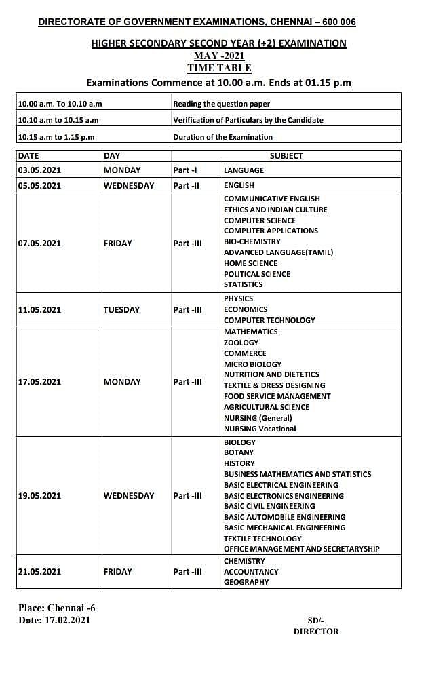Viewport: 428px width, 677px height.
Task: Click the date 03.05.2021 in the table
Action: click(39, 170)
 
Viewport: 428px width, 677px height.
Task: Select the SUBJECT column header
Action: click(286, 156)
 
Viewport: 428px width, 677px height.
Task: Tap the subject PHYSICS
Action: click(238, 298)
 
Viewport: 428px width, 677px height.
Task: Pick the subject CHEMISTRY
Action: click(244, 561)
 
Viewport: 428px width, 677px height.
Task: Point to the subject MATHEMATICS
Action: click(250, 332)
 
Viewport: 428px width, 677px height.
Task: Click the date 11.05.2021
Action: click(39, 310)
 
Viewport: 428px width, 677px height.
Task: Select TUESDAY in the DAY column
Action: click(121, 310)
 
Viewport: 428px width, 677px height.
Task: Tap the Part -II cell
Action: click(185, 185)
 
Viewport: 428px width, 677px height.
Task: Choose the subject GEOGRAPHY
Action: click(246, 582)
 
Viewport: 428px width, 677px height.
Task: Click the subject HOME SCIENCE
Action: click(250, 263)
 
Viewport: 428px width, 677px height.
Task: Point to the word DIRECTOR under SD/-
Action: click(315, 631)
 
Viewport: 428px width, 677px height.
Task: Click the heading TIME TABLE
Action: click(219, 68)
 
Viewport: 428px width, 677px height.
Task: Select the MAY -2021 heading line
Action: click(219, 56)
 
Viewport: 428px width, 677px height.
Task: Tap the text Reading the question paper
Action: click(221, 104)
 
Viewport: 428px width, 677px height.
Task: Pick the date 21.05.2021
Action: click(39, 572)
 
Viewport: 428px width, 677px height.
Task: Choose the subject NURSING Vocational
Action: click(260, 429)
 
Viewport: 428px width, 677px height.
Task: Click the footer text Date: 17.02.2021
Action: click(54, 620)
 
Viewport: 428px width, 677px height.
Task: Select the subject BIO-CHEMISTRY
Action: click(252, 241)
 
